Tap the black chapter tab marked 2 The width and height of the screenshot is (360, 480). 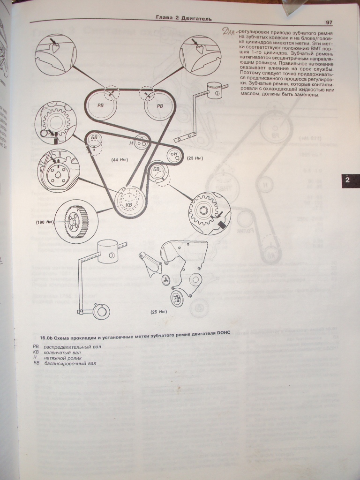[347, 180]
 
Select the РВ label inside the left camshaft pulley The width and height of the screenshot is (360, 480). [101, 106]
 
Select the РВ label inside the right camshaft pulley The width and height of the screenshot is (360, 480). [160, 106]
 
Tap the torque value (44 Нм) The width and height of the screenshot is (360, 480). [120, 160]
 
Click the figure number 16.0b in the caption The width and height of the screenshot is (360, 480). [46, 338]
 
